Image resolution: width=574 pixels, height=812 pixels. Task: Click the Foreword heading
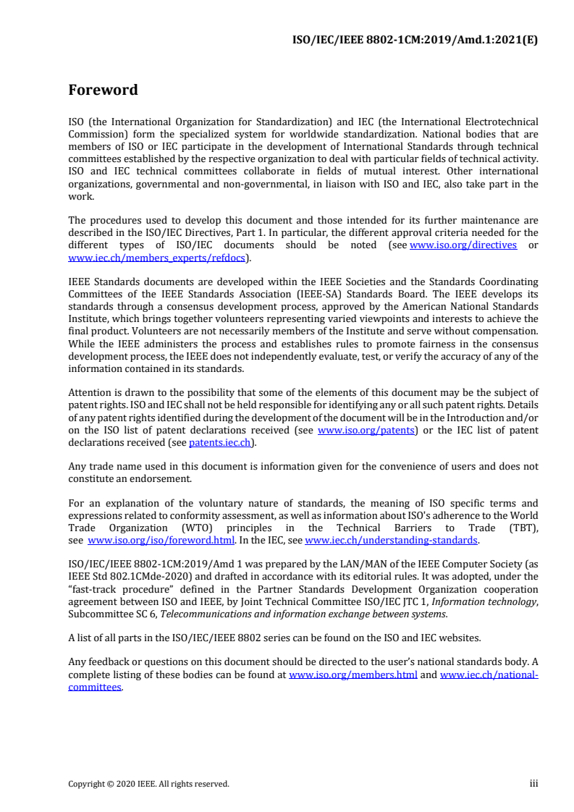(x=103, y=90)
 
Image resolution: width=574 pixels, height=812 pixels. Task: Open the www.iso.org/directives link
(x=463, y=245)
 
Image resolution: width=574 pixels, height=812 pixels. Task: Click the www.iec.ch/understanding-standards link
(x=391, y=540)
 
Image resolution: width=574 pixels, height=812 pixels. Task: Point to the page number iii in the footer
(x=533, y=783)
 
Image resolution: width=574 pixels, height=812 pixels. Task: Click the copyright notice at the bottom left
(x=148, y=783)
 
